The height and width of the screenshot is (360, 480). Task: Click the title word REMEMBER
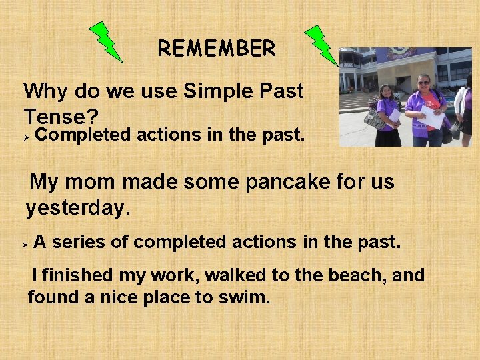(216, 48)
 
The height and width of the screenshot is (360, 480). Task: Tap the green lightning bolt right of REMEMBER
(321, 45)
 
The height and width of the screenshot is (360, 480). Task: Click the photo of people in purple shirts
(405, 97)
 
